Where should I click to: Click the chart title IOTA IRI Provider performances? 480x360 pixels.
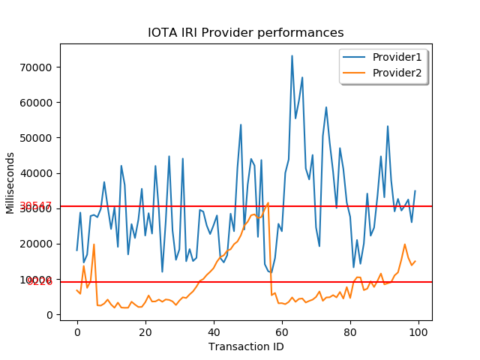[245, 33]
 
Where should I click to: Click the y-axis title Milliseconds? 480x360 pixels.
[10, 182]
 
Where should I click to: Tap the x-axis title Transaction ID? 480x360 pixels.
[245, 346]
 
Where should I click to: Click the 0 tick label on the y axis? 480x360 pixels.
[48, 315]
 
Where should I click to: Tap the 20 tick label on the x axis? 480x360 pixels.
[145, 331]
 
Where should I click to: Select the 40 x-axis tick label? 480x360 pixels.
[214, 331]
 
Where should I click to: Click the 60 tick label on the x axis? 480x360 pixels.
[282, 331]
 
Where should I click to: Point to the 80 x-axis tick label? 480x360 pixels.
[350, 331]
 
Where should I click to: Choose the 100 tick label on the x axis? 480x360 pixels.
[418, 331]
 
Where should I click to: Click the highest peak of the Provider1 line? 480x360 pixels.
[292, 55]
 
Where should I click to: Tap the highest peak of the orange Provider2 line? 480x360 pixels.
[268, 202]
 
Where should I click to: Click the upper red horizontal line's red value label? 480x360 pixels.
[36, 206]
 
